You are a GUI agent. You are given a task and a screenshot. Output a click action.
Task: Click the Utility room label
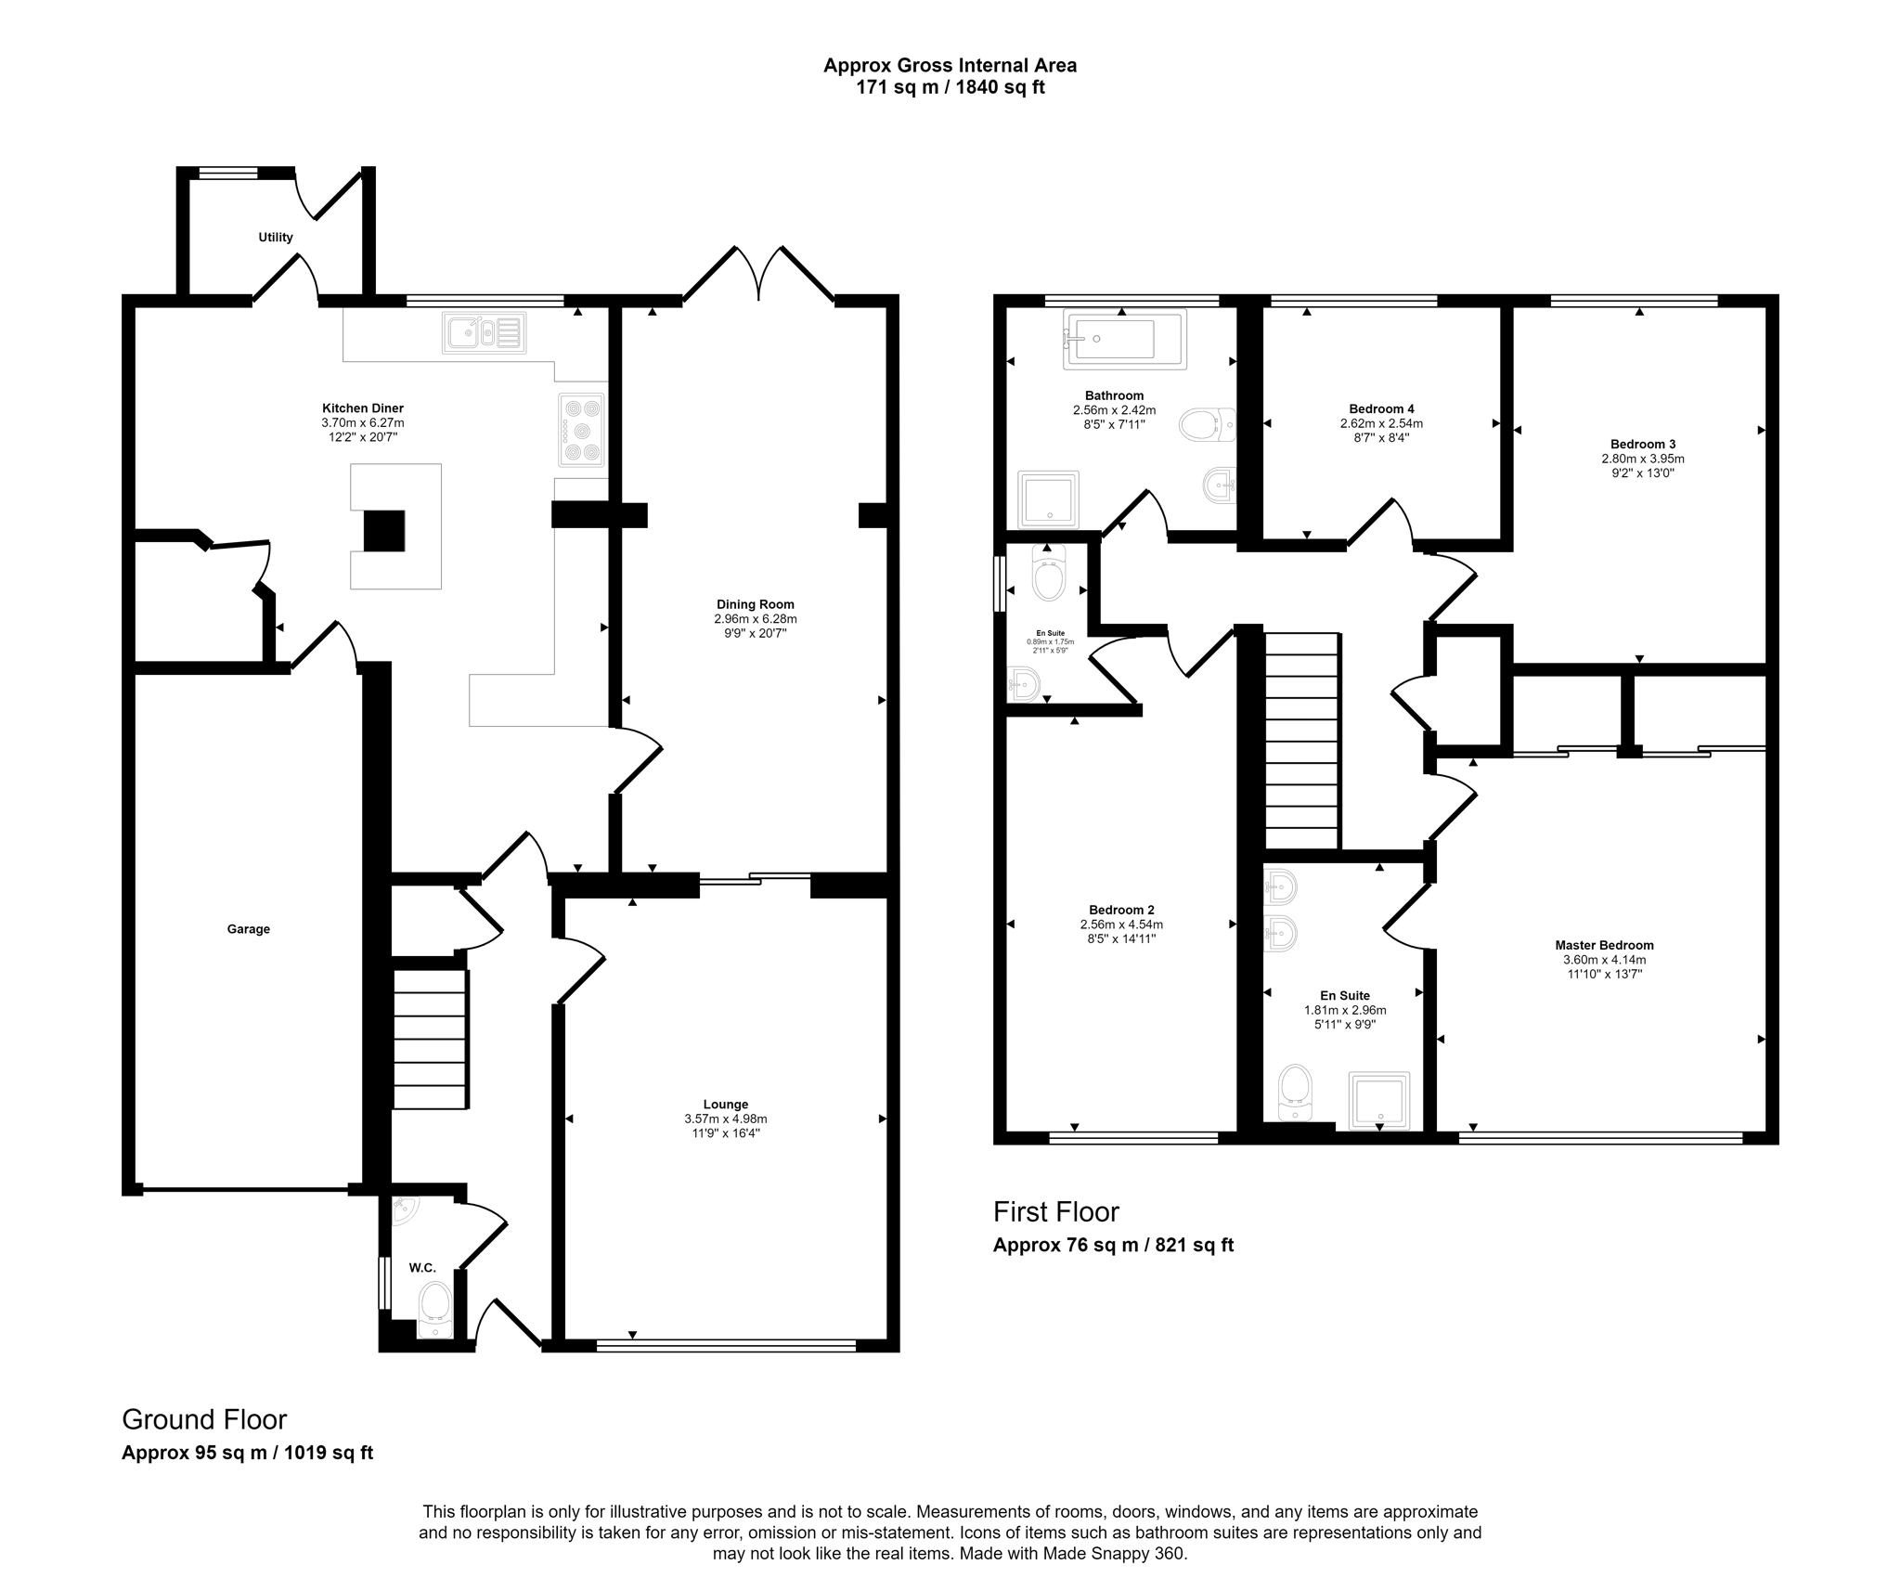275,238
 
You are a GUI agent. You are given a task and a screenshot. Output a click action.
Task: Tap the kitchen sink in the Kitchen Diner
484,332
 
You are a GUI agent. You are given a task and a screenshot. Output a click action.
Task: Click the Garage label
248,929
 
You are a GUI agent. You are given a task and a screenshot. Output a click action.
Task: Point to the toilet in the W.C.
434,1309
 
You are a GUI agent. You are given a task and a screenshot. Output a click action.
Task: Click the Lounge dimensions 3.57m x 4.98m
725,1119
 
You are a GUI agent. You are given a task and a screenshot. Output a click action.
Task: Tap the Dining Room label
755,604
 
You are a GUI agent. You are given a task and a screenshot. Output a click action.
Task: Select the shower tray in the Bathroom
1049,499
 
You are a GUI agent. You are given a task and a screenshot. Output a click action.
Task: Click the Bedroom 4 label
1381,408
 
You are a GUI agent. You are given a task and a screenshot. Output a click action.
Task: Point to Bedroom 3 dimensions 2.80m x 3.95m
1642,459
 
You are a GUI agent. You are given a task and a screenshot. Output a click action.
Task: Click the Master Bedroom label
1604,946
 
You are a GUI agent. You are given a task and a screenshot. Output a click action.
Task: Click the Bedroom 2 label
1121,910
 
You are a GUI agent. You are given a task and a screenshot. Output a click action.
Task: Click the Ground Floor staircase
429,1039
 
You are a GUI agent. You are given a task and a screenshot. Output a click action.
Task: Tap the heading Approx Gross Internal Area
950,66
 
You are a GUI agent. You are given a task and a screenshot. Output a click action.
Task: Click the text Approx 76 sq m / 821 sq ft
1113,1245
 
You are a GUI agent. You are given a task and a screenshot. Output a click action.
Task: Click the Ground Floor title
204,1419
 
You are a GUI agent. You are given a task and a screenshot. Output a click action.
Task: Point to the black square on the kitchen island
383,531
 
